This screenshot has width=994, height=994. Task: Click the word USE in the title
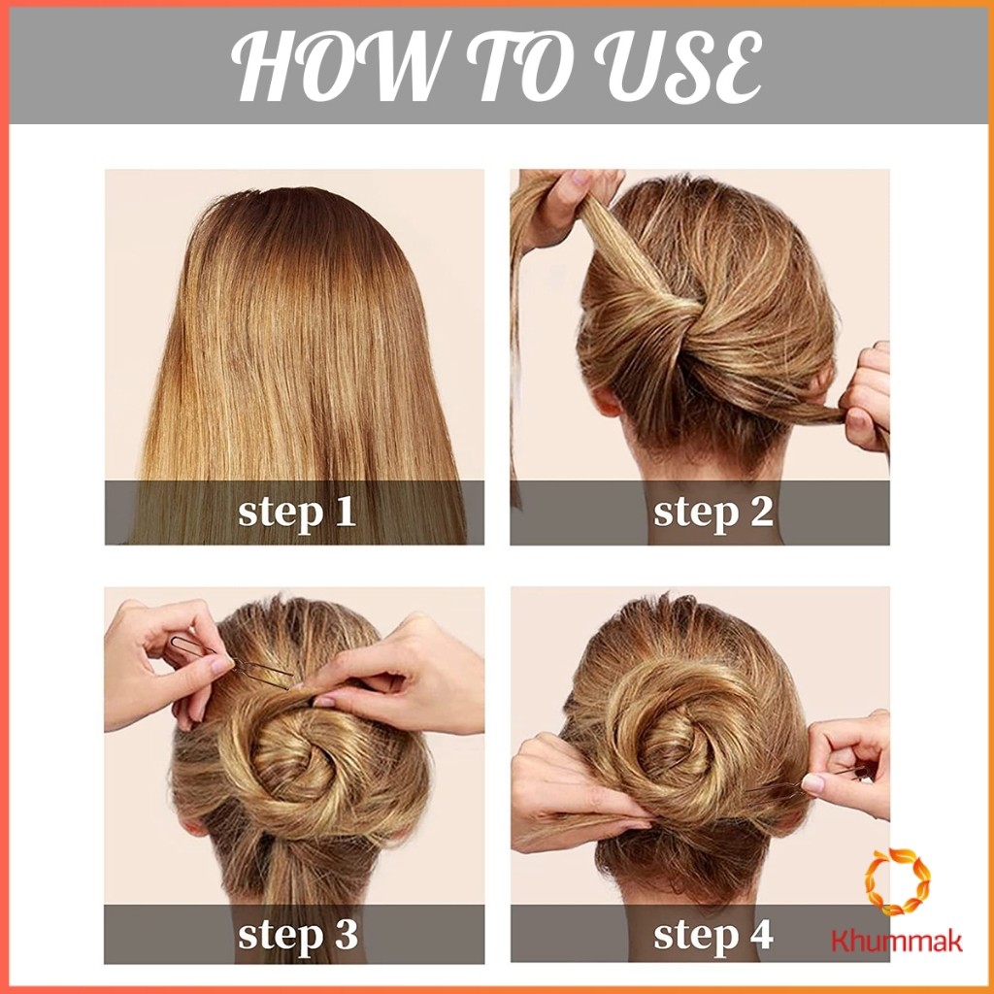tap(679, 66)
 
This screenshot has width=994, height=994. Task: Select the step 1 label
tap(297, 512)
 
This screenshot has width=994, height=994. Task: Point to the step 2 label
tap(713, 512)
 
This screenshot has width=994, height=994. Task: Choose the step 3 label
tap(297, 935)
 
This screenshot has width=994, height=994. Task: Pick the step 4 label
tap(713, 935)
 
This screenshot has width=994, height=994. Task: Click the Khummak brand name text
tap(896, 940)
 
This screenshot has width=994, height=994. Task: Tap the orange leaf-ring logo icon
tap(898, 881)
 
